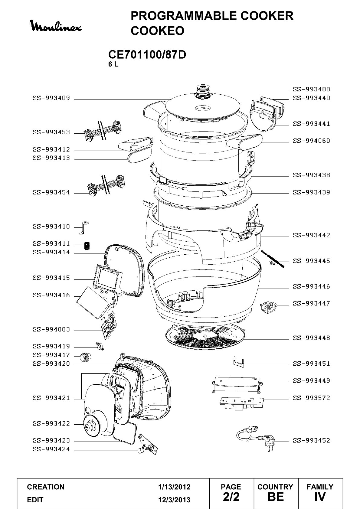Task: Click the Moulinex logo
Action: (x=57, y=26)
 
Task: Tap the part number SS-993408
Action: (x=311, y=90)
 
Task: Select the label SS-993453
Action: (x=51, y=132)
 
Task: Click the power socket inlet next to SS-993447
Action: (x=268, y=306)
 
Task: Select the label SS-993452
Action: (x=311, y=441)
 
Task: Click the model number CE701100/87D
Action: (x=147, y=54)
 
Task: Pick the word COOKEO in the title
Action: (x=157, y=31)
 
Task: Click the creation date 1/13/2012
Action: (x=174, y=487)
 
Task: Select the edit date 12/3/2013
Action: (x=174, y=500)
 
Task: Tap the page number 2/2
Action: (x=231, y=497)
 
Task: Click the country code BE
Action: (x=276, y=497)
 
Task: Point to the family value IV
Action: (x=320, y=497)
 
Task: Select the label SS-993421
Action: (x=51, y=398)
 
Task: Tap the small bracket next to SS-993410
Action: (x=83, y=228)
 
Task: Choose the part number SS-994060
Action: (x=311, y=141)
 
